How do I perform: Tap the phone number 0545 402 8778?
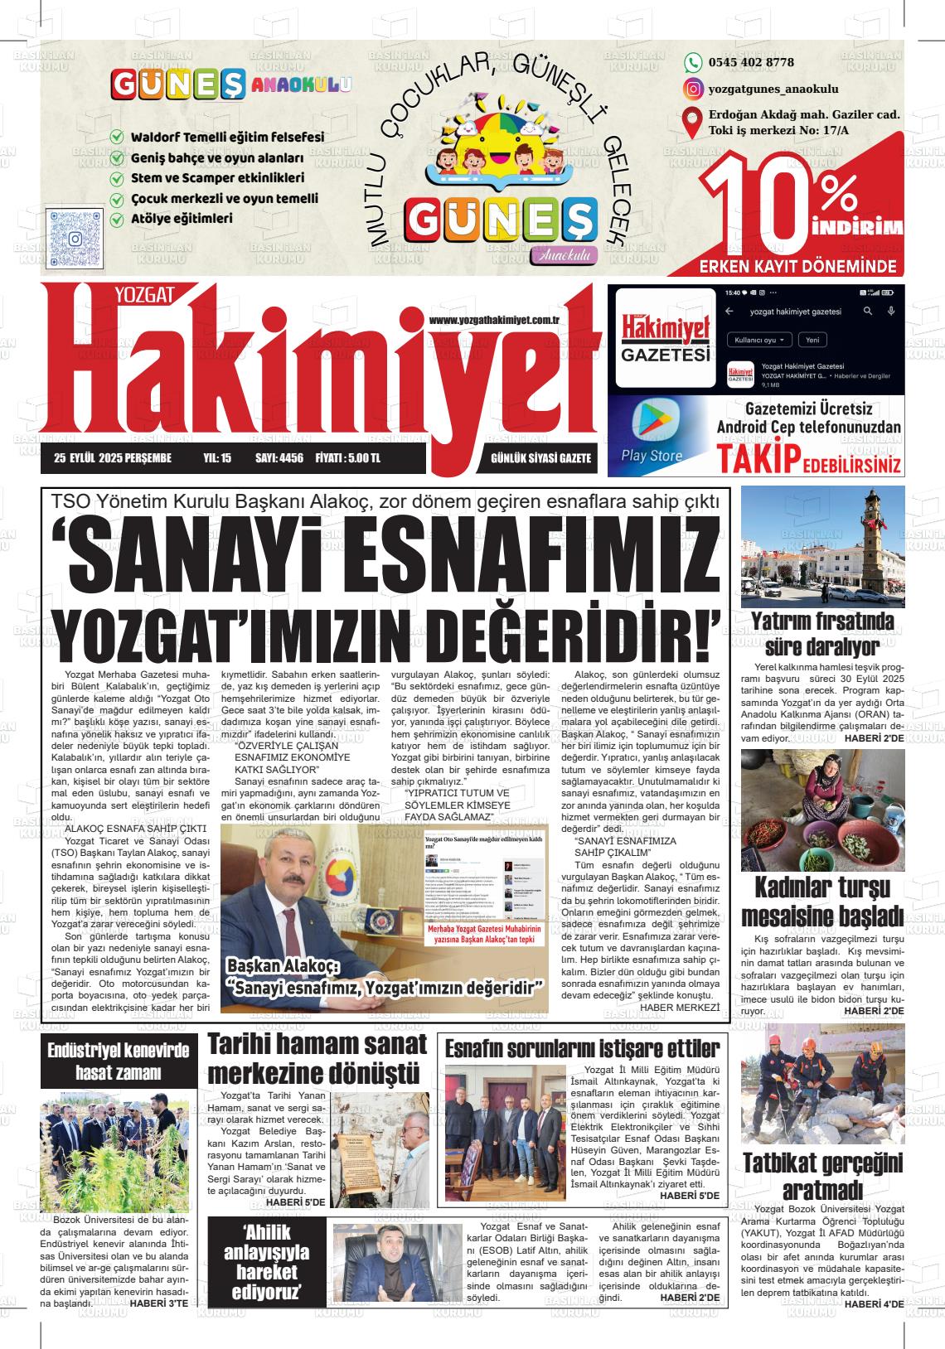click(751, 62)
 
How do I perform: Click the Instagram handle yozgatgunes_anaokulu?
click(773, 89)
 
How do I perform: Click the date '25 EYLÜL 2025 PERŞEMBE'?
click(112, 458)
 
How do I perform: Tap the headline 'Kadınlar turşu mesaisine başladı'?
click(821, 901)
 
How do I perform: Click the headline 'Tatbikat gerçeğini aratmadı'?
click(821, 1177)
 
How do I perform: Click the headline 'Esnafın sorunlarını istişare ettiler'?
click(583, 1047)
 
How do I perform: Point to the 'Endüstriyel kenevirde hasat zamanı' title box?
click(118, 1061)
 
